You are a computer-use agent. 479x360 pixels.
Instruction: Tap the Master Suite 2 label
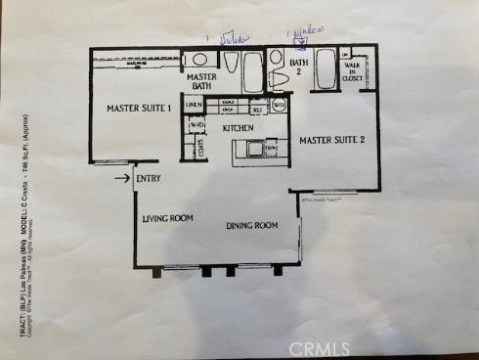(331, 140)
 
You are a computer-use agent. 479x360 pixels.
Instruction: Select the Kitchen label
(239, 128)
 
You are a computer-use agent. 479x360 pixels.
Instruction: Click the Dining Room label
(252, 226)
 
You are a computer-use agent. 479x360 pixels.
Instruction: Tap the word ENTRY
(148, 178)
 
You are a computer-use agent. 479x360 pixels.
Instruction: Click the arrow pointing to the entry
(121, 177)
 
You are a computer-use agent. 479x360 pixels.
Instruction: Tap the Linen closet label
(194, 104)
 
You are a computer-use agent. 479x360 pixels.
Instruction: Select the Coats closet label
(201, 149)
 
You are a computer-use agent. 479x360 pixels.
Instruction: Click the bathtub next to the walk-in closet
(326, 69)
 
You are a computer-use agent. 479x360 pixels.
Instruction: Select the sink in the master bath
(196, 59)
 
